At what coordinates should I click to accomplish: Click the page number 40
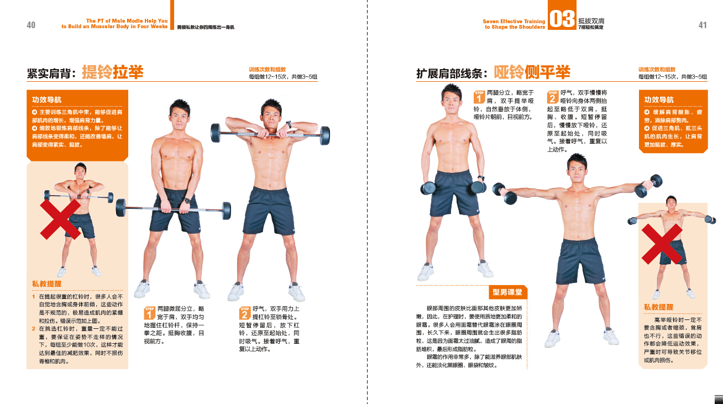(31, 25)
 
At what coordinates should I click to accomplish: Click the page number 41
(703, 25)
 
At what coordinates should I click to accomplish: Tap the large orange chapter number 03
(562, 18)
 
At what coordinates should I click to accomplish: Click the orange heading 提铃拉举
(113, 72)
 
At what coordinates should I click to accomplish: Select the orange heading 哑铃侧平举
(532, 72)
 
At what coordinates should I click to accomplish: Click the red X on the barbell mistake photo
(60, 219)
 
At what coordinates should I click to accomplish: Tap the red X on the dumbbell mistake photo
(662, 244)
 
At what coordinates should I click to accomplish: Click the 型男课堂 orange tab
(507, 292)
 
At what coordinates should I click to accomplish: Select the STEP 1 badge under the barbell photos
(149, 313)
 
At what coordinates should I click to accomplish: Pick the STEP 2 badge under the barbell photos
(245, 313)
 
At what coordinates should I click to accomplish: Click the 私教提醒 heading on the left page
(47, 284)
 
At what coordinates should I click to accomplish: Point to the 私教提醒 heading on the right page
(659, 307)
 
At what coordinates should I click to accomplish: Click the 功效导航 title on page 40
(47, 99)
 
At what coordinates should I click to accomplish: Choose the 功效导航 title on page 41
(659, 99)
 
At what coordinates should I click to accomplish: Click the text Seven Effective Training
(514, 22)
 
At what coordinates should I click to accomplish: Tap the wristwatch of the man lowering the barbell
(187, 201)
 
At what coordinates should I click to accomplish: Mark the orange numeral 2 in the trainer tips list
(33, 329)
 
